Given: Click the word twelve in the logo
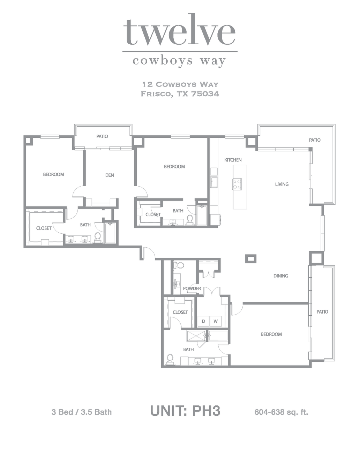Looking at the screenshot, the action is (179, 32).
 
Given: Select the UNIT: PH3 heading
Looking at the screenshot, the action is (185, 411).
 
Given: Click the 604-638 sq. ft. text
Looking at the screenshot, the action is (281, 412).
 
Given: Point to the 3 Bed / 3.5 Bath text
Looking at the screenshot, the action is (82, 412).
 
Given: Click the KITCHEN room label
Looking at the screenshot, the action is (233, 160).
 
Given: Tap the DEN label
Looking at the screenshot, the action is (110, 175).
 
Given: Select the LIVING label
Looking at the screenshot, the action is (282, 184).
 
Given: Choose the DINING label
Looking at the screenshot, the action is (281, 276).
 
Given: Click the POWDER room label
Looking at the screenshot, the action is (192, 289).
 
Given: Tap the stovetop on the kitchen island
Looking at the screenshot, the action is (237, 184).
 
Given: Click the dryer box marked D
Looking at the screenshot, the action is (203, 321).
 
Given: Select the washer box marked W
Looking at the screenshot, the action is (216, 321).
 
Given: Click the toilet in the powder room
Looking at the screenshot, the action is (179, 265).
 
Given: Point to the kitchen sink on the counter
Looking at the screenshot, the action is (213, 182).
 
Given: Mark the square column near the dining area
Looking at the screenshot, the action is (251, 259).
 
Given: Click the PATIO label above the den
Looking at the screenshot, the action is (102, 136).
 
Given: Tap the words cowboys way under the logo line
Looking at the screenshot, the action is (179, 61).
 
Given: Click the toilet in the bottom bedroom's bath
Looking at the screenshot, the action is (170, 359).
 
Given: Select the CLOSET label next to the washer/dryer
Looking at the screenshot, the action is (180, 312).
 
